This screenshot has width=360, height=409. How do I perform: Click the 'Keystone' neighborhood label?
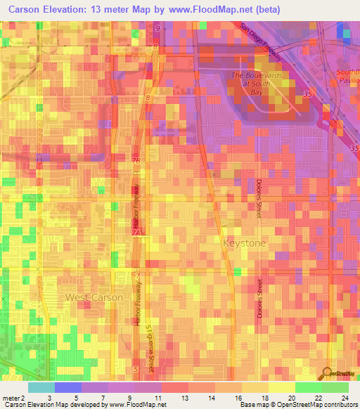click(245, 242)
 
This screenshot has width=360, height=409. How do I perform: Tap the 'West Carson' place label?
click(94, 297)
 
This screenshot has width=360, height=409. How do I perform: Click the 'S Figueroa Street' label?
click(149, 347)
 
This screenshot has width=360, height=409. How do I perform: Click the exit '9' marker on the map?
click(157, 28)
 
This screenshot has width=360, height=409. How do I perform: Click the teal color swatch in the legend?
click(41, 387)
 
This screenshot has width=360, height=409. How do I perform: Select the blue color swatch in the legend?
click(68, 387)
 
